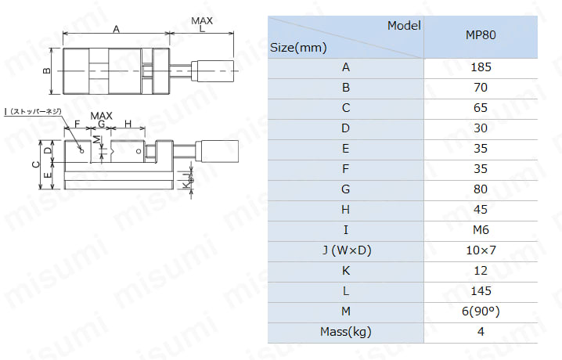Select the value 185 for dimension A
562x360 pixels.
click(481, 67)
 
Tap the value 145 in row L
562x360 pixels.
click(481, 291)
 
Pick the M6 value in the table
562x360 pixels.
click(481, 230)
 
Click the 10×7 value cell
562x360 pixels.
click(481, 250)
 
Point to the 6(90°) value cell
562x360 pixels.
click(481, 311)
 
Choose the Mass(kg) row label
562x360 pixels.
click(345, 332)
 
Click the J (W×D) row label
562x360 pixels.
click(346, 250)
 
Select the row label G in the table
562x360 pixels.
click(345, 189)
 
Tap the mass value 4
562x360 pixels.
click(481, 332)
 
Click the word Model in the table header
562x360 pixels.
click(404, 25)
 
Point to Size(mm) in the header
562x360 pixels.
click(298, 48)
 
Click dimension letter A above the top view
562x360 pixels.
click(116, 29)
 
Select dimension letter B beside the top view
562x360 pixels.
click(47, 71)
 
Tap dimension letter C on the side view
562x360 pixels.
click(36, 164)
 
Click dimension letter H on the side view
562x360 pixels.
click(128, 124)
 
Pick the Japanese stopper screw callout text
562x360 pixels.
click(33, 112)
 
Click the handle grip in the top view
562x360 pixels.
click(213, 71)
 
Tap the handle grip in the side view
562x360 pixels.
click(217, 151)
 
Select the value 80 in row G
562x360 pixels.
click(481, 189)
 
